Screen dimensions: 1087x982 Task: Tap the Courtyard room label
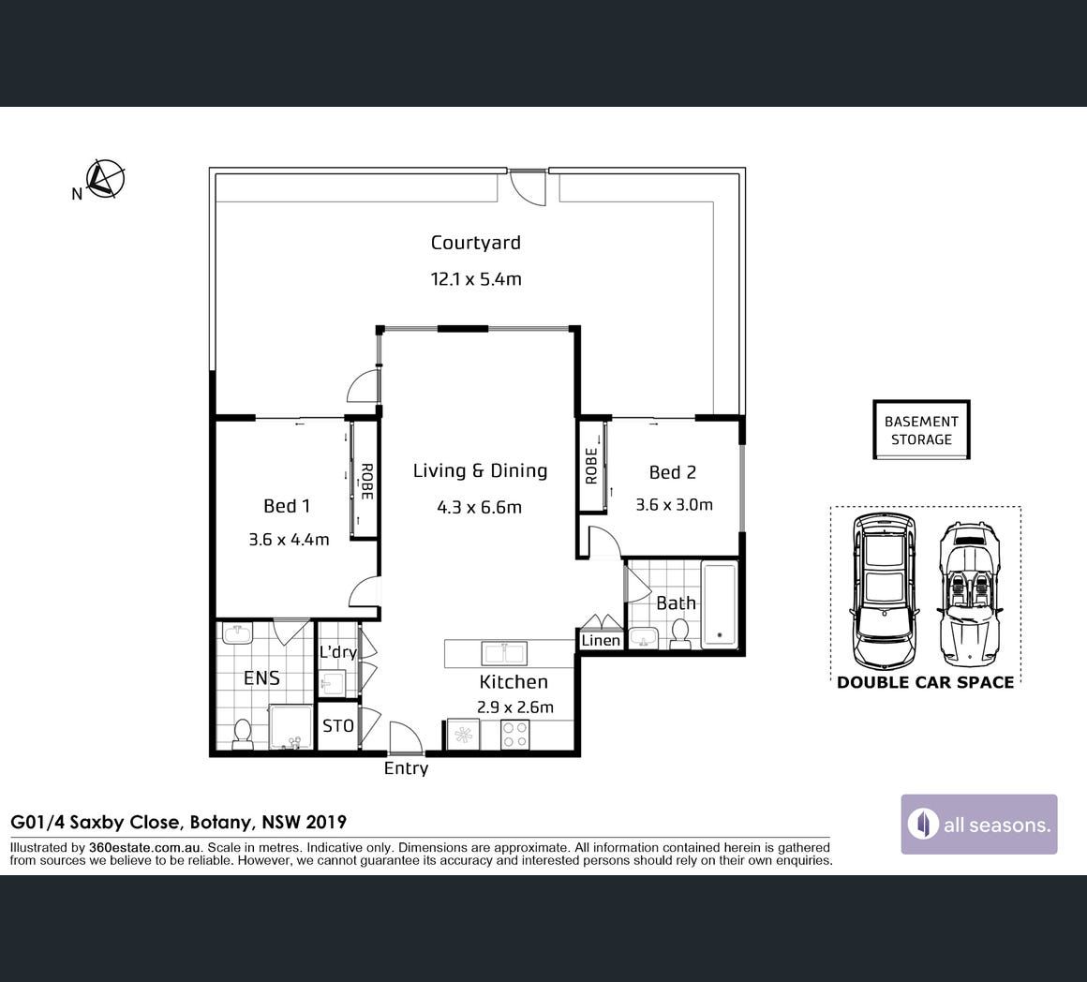pos(476,244)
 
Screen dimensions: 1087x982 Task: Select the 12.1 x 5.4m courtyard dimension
pos(476,279)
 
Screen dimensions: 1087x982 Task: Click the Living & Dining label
pos(480,470)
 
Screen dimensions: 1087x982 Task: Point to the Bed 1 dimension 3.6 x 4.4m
pos(289,539)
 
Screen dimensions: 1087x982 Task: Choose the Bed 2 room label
pos(673,472)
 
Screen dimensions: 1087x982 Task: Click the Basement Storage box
pos(921,430)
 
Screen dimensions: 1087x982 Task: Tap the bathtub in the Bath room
pos(719,605)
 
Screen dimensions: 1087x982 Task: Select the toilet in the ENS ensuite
pos(242,735)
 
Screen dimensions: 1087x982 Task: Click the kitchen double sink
pos(504,653)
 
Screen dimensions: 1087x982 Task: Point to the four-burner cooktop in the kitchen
pos(515,736)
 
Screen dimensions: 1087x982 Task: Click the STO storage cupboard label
pos(338,726)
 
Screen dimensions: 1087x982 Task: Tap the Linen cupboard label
pos(601,640)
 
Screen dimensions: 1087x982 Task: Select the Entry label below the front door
pos(407,768)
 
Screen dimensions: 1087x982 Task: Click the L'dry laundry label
pos(337,652)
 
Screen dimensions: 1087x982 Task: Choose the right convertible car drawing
pos(970,595)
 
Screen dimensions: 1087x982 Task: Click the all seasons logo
pos(979,824)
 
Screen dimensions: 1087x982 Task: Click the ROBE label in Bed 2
pos(591,466)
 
